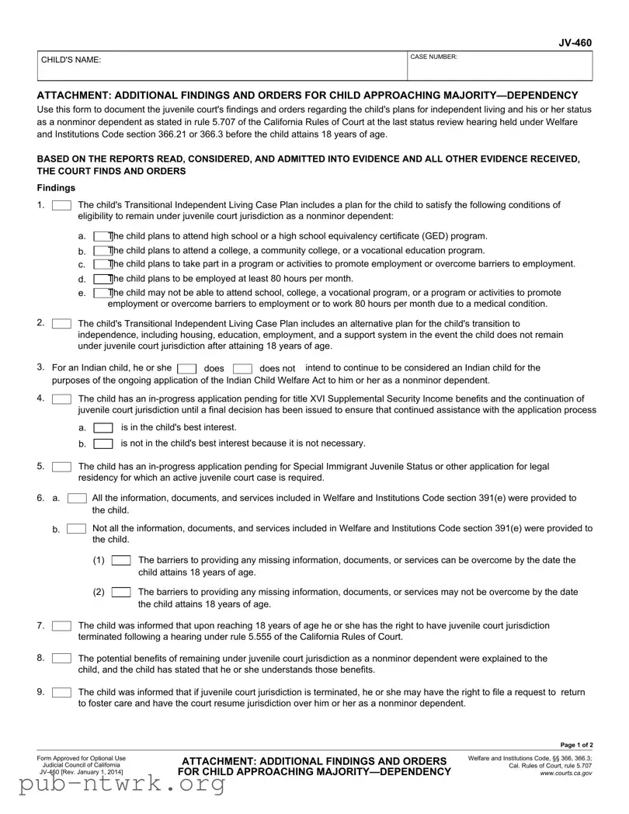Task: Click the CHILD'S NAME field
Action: click(222, 66)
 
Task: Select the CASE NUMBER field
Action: click(500, 66)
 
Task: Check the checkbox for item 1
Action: click(61, 205)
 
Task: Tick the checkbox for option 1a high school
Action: click(102, 236)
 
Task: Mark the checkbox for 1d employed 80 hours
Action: click(102, 279)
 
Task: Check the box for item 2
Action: click(61, 323)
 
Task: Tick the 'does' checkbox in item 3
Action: click(186, 368)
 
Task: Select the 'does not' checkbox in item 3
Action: click(242, 368)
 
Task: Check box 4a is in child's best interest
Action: click(103, 428)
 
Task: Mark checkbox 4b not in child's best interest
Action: click(103, 444)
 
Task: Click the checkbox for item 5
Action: click(61, 467)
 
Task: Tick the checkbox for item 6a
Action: click(77, 498)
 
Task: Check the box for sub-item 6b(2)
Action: click(120, 593)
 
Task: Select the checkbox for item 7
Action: click(61, 626)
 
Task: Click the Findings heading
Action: click(56, 188)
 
